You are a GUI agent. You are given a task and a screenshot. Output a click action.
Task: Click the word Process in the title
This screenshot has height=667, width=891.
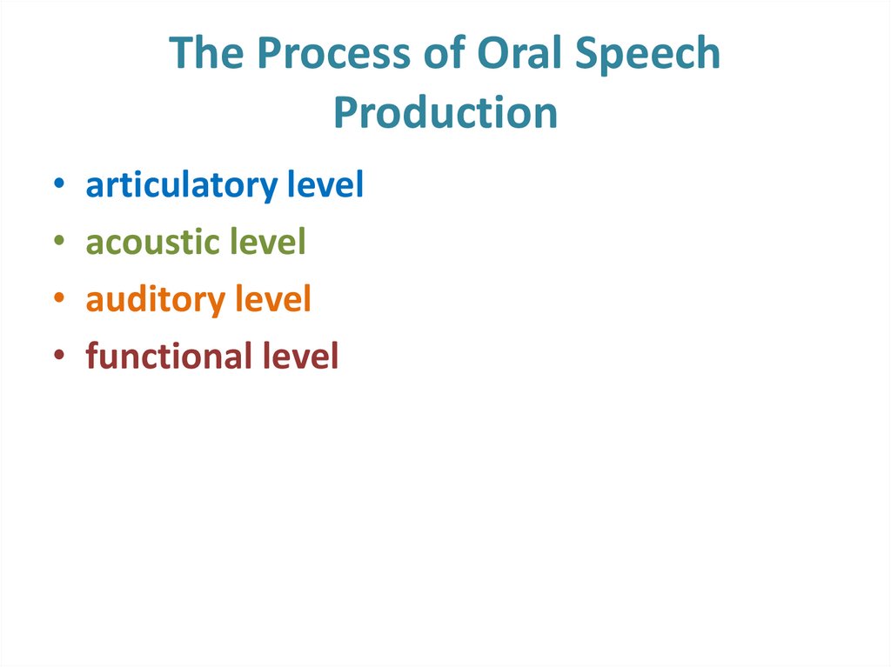point(327,56)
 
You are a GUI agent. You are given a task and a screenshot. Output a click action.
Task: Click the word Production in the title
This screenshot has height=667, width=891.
point(445,112)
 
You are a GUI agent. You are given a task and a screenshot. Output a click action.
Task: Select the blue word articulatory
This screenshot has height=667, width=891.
point(180,187)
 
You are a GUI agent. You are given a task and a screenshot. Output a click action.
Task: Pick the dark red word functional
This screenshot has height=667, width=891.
point(168,357)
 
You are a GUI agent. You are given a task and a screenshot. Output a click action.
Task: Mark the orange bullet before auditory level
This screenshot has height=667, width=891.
point(57,300)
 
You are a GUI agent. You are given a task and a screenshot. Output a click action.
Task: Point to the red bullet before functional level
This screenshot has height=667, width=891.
point(57,357)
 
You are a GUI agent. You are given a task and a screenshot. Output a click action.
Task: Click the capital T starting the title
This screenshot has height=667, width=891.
point(181,54)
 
